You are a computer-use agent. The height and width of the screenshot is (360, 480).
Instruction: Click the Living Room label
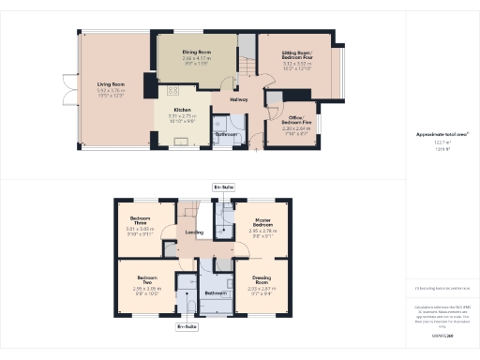click(112, 84)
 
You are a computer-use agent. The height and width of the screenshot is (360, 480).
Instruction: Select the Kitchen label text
click(182, 109)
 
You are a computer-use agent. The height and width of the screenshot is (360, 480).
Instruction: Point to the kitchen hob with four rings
click(173, 92)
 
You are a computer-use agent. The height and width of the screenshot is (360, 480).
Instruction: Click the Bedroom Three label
click(140, 219)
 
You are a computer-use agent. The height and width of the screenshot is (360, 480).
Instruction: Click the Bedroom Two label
click(147, 278)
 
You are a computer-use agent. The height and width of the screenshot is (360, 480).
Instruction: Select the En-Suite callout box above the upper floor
click(223, 187)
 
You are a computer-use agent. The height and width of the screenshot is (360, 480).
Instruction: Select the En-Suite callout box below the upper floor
click(187, 327)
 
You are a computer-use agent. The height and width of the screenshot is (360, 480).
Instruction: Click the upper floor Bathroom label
click(216, 292)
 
